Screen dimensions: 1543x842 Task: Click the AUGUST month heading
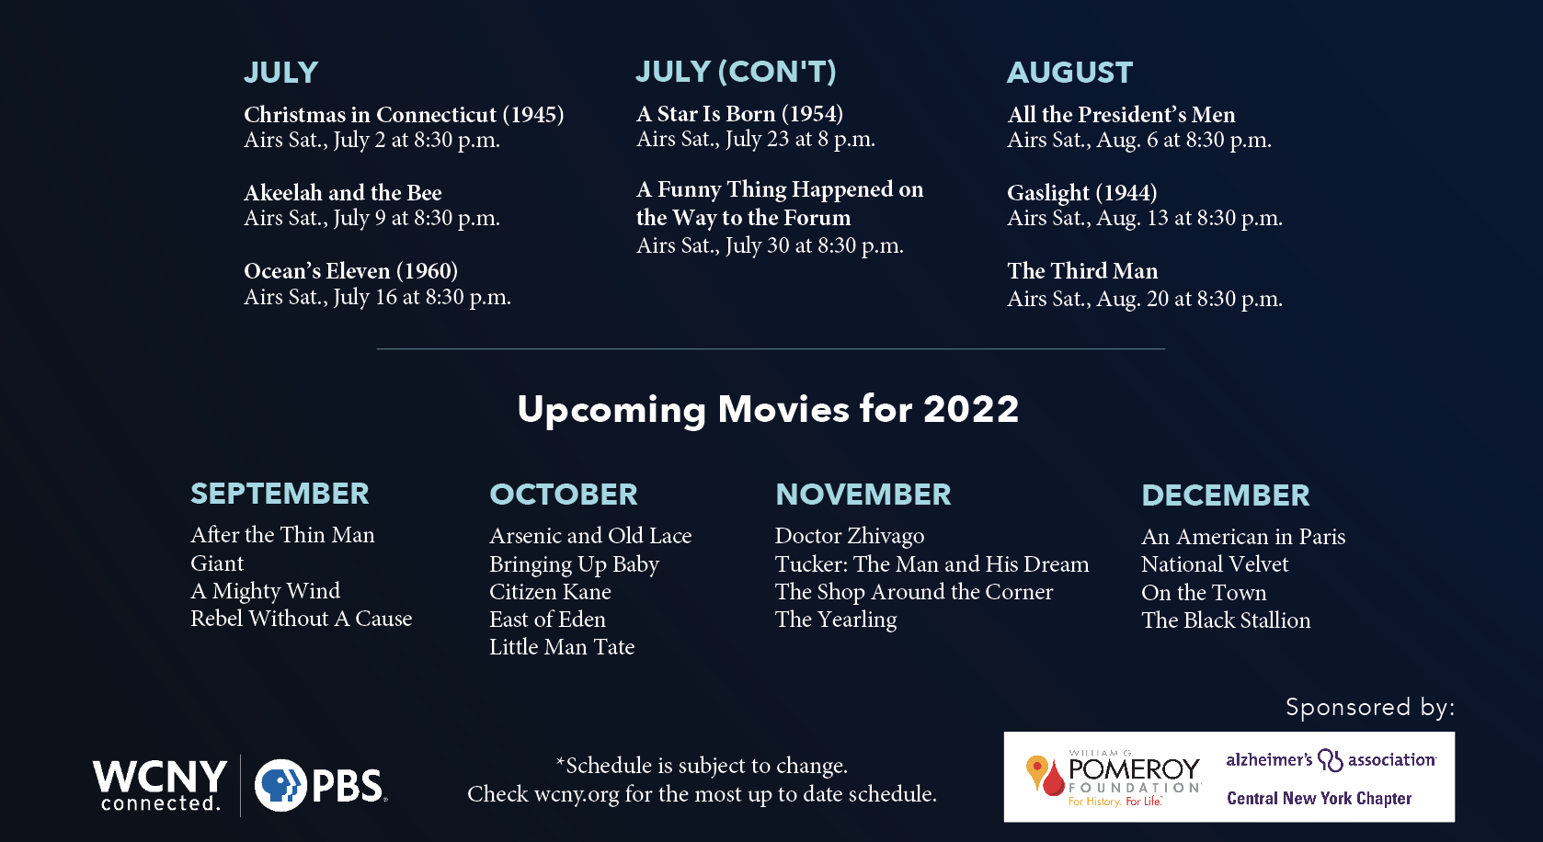tap(1069, 73)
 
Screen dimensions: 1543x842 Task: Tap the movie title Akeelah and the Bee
tap(343, 192)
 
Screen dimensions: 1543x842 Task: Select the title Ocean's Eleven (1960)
tap(350, 270)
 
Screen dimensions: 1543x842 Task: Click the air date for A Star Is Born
tap(756, 139)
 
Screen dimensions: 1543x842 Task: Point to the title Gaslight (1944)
tap(1082, 193)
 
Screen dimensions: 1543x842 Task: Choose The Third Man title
tap(1082, 270)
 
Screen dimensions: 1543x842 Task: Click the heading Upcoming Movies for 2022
tap(768, 410)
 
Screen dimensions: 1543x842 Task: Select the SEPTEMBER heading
tap(280, 494)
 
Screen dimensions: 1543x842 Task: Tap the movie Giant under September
tap(217, 563)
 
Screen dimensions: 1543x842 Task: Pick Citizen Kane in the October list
tap(551, 591)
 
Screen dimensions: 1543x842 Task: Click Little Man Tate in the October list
tap(562, 646)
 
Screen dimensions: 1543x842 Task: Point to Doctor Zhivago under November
tap(850, 536)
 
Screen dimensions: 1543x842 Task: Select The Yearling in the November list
tap(836, 620)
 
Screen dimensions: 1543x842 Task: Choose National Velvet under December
tap(1215, 563)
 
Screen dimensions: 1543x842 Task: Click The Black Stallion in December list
tap(1226, 620)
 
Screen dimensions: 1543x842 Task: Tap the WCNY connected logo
tap(160, 785)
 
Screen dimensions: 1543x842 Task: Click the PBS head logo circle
tap(280, 785)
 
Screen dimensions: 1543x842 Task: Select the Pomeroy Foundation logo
tap(1114, 778)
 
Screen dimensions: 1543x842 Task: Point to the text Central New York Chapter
tap(1320, 799)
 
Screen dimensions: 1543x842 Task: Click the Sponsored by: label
tap(1370, 707)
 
